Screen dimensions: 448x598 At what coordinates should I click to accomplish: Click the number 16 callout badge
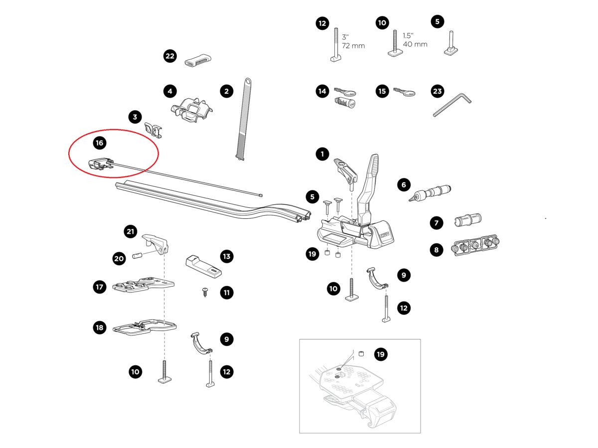pyautogui.click(x=100, y=143)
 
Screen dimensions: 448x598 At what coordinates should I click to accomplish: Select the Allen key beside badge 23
pyautogui.click(x=451, y=105)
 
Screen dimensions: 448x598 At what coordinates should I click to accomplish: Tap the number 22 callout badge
pyautogui.click(x=170, y=56)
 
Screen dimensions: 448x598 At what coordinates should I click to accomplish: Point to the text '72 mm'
pyautogui.click(x=353, y=46)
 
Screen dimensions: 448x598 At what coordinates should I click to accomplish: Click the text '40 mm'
pyautogui.click(x=415, y=44)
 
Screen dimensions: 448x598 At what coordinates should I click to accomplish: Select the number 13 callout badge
pyautogui.click(x=227, y=257)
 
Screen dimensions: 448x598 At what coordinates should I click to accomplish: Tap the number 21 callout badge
pyautogui.click(x=130, y=231)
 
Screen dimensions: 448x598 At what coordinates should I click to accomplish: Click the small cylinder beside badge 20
pyautogui.click(x=137, y=256)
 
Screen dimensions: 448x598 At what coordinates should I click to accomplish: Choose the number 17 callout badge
pyautogui.click(x=100, y=287)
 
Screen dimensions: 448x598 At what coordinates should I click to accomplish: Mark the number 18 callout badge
pyautogui.click(x=100, y=327)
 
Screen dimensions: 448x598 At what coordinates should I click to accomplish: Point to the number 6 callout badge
pyautogui.click(x=404, y=185)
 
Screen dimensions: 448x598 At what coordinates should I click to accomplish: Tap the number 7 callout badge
pyautogui.click(x=437, y=223)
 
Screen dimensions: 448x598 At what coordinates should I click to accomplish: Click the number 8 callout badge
pyautogui.click(x=437, y=250)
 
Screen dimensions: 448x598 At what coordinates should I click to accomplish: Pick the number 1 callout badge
pyautogui.click(x=322, y=154)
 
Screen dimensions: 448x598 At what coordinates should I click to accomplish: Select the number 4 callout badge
pyautogui.click(x=170, y=91)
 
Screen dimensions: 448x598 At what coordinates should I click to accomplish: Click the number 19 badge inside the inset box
pyautogui.click(x=381, y=354)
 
